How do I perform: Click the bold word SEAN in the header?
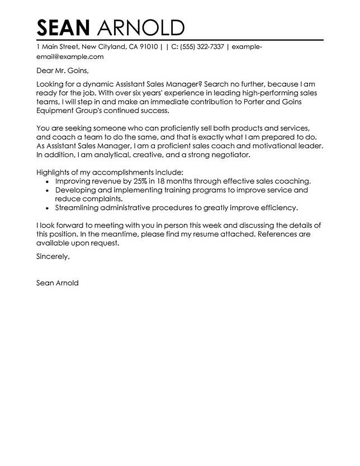click(63, 27)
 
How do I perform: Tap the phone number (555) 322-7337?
click(202, 47)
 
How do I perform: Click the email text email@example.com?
click(70, 57)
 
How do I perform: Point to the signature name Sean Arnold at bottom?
click(56, 283)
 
